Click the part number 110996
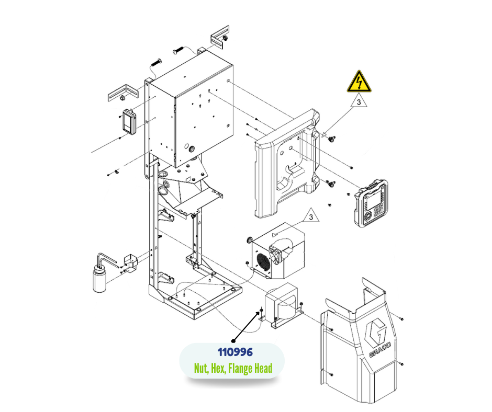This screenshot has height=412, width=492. (x=231, y=353)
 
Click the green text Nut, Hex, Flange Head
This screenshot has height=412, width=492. (x=233, y=369)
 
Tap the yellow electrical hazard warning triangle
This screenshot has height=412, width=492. (x=359, y=83)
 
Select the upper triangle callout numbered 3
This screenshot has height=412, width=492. (x=359, y=102)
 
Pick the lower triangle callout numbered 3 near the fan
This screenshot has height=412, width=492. (x=311, y=216)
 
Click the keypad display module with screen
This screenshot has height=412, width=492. (x=372, y=201)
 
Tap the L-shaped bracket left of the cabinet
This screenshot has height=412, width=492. (x=121, y=94)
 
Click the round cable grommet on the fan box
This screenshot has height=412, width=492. (x=250, y=240)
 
